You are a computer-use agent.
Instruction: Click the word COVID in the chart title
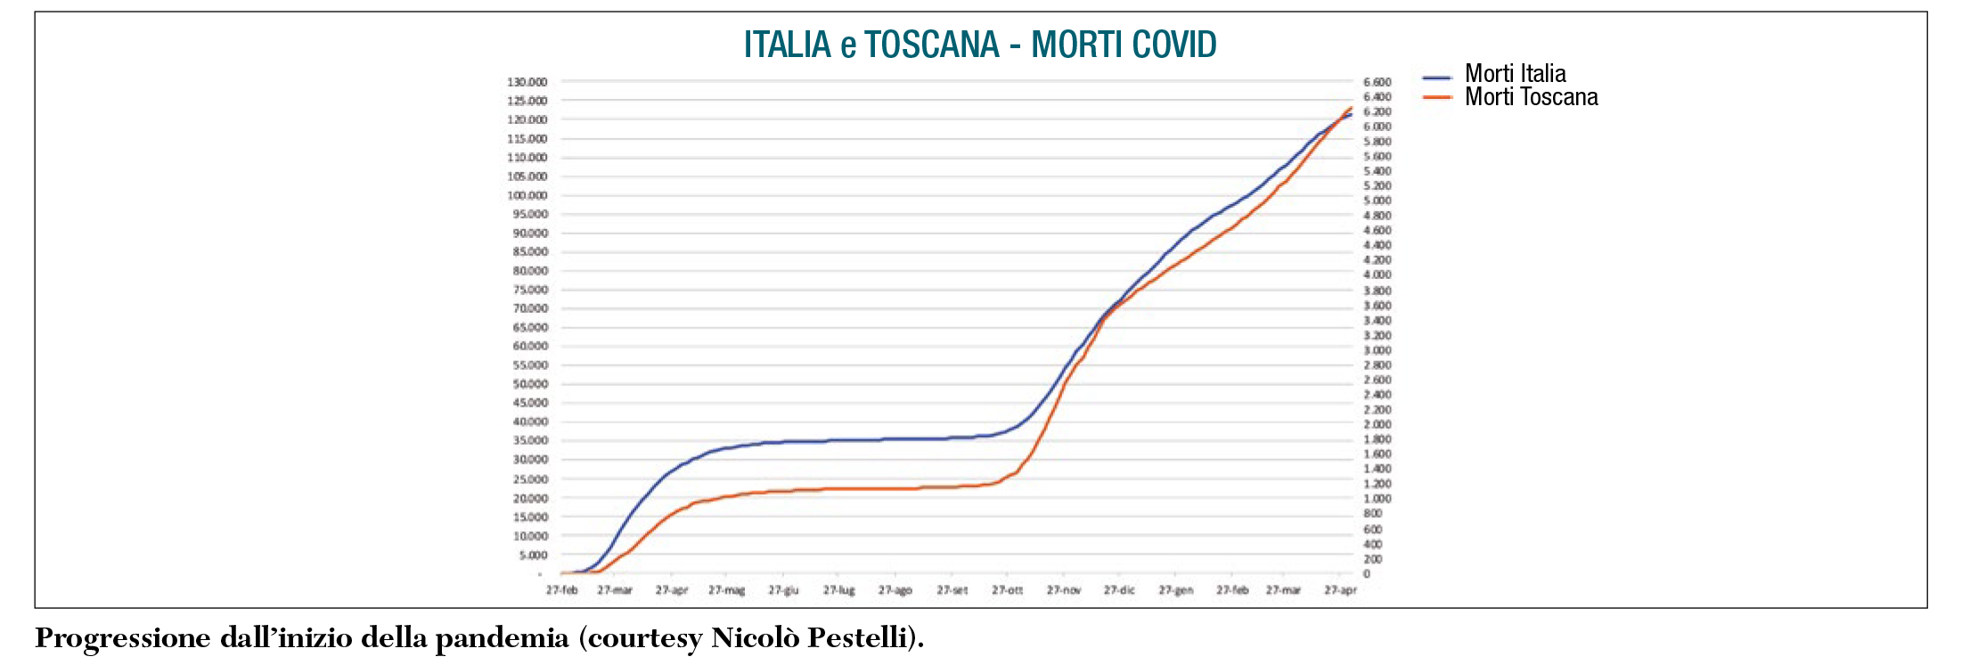pos(1168,45)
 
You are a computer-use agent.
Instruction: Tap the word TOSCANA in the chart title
pos(931,45)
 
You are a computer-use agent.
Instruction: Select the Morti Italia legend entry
pos(1515,74)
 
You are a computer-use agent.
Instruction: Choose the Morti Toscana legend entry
pos(1531,97)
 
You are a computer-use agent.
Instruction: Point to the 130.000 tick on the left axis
pos(527,82)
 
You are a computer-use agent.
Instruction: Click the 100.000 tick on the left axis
pos(527,195)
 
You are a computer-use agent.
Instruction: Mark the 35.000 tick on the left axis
pos(530,440)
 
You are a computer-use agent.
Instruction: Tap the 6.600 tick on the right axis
pos(1377,82)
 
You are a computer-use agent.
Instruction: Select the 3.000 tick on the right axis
pos(1377,350)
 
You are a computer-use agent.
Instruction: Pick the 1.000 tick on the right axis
pos(1377,499)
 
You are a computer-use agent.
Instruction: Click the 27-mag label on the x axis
pos(726,590)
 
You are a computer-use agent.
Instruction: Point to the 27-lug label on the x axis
pos(838,590)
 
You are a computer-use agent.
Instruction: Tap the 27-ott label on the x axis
pos(1007,590)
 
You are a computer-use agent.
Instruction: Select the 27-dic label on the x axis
pos(1119,590)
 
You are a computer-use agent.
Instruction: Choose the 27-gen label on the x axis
pos(1175,590)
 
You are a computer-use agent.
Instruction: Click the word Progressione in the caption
pos(123,639)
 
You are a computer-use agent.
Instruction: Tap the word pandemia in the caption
pos(502,639)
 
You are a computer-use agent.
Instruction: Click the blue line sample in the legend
pos(1437,78)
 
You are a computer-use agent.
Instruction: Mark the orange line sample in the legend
pos(1437,97)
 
